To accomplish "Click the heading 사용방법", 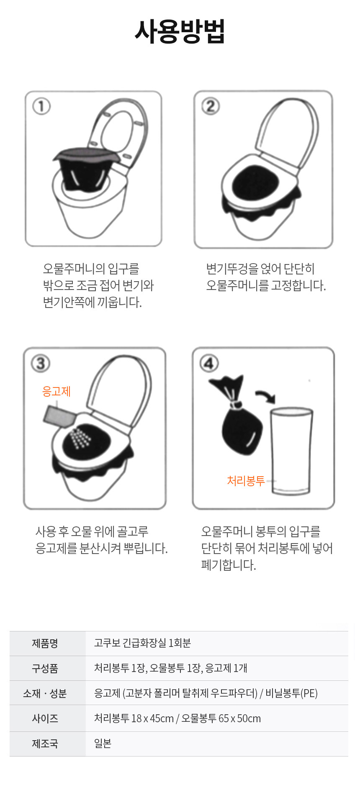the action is [x=180, y=32].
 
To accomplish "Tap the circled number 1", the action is [x=41, y=106].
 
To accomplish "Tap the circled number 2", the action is [x=211, y=106].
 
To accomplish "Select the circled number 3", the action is [x=41, y=363].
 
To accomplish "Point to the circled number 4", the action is [x=209, y=363].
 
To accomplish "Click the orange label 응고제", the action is [x=57, y=391].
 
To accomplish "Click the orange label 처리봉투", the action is [x=246, y=480].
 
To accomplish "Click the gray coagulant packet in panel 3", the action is [x=59, y=417].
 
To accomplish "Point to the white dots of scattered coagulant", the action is [x=80, y=438].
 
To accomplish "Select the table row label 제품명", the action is [x=45, y=643].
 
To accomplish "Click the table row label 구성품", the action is [x=45, y=668].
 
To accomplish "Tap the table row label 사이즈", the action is [x=45, y=718].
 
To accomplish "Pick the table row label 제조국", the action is [x=45, y=744].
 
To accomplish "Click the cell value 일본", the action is [x=103, y=743].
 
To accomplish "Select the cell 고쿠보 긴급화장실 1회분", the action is [x=142, y=643].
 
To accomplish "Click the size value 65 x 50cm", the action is [x=239, y=718].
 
